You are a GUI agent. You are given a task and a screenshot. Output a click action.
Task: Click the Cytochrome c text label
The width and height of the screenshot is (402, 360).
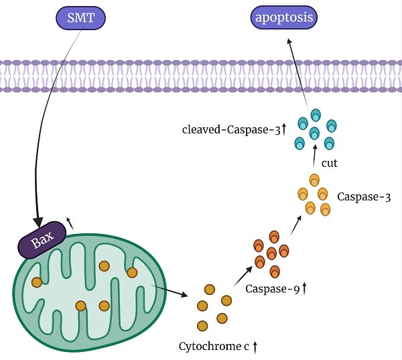coord(214,347)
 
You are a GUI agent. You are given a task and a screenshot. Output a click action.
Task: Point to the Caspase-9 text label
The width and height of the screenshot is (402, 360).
coord(272,289)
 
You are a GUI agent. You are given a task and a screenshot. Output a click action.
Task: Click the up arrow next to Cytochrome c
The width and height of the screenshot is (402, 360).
coord(255,347)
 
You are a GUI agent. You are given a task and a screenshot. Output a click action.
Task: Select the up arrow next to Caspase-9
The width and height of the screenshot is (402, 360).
coord(306,288)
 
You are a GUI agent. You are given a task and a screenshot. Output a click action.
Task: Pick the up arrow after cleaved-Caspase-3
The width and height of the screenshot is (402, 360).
coord(283,128)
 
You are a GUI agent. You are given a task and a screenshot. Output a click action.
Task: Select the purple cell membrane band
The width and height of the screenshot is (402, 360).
coord(201,75)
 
